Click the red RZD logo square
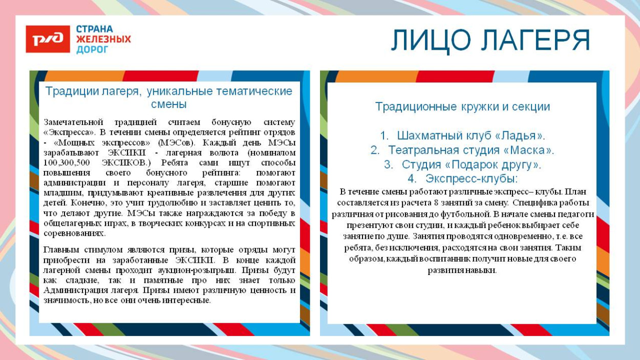(x=48, y=39)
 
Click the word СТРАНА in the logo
(x=95, y=29)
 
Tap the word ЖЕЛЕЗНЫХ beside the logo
(x=103, y=39)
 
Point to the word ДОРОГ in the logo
(x=92, y=50)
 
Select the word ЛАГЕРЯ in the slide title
(x=536, y=40)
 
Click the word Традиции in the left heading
(x=67, y=92)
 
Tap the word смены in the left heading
(x=169, y=104)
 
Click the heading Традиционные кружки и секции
(x=462, y=107)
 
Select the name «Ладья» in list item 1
(x=520, y=136)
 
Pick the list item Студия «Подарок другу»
(x=471, y=165)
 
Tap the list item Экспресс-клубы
(x=471, y=179)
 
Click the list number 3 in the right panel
(x=388, y=165)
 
